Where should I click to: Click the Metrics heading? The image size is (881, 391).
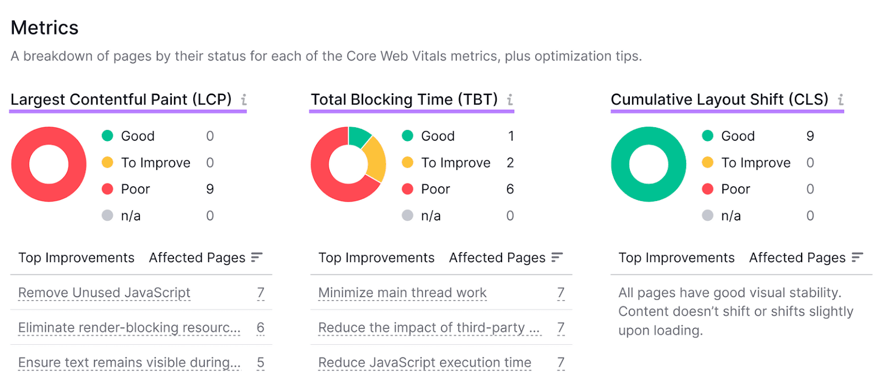[45, 28]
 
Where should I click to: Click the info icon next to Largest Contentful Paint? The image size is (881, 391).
[243, 100]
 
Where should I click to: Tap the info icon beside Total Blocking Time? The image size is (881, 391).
[510, 100]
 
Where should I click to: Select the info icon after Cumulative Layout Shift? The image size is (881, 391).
[840, 100]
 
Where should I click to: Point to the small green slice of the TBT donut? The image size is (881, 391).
[359, 136]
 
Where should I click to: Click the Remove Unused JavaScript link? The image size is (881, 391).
[104, 293]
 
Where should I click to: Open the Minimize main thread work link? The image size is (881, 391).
[402, 293]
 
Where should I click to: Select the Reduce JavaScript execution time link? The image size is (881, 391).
[425, 362]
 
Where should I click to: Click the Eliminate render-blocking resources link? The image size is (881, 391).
[129, 328]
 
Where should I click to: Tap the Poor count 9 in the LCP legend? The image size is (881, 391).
[210, 189]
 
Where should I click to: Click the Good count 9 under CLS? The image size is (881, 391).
[810, 136]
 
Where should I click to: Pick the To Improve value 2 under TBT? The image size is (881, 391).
[510, 162]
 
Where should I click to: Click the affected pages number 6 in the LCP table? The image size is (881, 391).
[260, 328]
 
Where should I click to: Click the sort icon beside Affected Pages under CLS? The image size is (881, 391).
[857, 257]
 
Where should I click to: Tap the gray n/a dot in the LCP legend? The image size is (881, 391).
[107, 215]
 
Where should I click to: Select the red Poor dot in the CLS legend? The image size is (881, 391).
[708, 189]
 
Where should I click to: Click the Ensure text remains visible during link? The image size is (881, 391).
[129, 362]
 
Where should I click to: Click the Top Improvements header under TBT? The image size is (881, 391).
[376, 258]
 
